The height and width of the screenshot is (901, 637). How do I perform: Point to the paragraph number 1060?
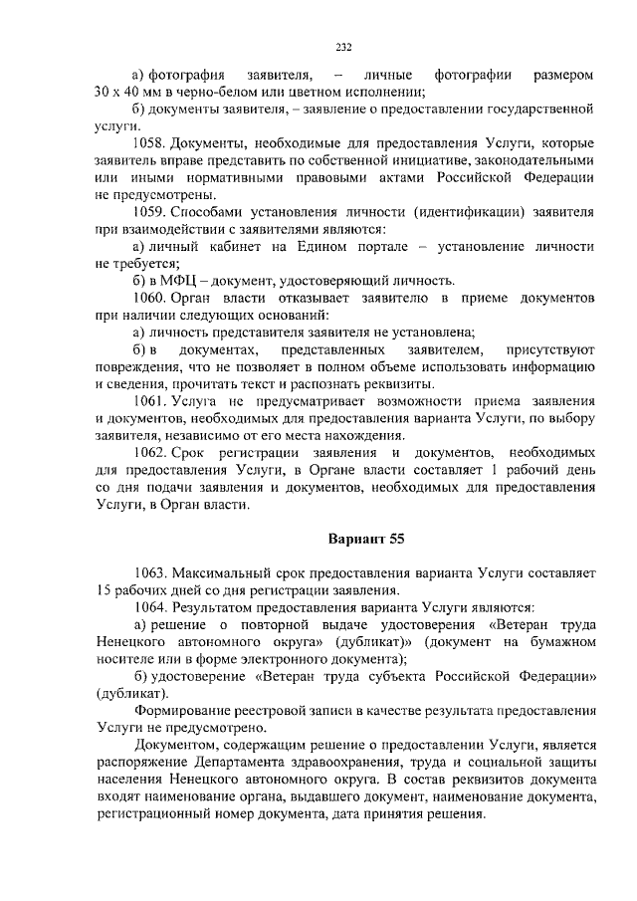pos(151,298)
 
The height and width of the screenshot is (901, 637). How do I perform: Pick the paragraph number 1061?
pos(151,401)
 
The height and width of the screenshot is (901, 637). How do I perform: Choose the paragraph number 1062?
pos(151,453)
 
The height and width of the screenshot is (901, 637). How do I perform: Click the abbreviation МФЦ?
pos(181,280)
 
